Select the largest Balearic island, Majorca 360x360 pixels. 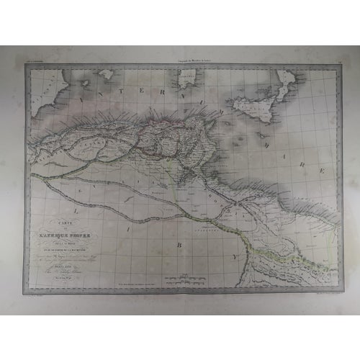(106, 73)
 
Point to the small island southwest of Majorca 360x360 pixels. (84, 83)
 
